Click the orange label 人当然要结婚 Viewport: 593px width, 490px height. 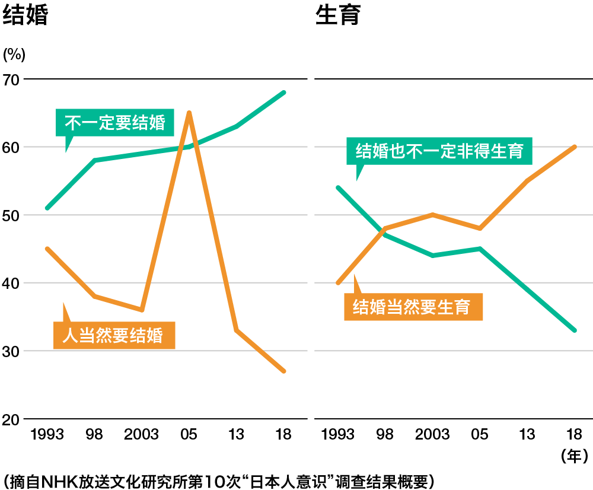coord(114,335)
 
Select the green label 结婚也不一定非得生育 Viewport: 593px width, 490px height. coord(439,151)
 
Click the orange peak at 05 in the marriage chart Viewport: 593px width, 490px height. coord(189,112)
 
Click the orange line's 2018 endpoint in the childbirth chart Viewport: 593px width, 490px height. coord(574,147)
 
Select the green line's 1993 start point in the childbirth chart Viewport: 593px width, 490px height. coord(338,187)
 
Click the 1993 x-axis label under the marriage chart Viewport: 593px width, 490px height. coord(47,435)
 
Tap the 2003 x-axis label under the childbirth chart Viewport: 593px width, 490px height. coord(432,435)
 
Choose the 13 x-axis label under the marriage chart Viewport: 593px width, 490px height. coord(236,435)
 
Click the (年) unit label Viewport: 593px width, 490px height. coord(574,456)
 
